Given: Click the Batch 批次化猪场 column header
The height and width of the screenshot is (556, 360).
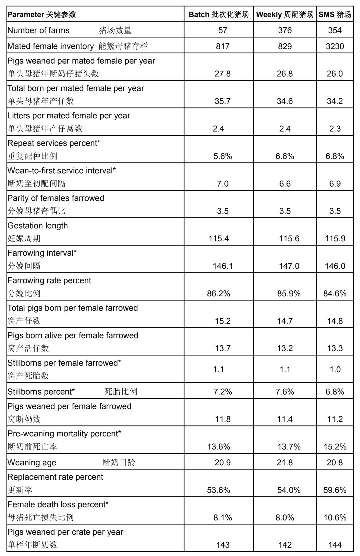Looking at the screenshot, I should [x=219, y=14].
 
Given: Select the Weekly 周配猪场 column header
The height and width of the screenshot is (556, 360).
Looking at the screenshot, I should [x=285, y=14].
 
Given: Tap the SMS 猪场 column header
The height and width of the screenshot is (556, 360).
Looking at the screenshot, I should [x=335, y=14].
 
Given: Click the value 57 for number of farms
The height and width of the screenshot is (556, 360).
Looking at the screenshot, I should [x=223, y=30].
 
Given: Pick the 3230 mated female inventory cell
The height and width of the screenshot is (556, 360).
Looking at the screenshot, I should [x=335, y=46].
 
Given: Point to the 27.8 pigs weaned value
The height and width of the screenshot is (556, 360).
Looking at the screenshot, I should [x=223, y=74].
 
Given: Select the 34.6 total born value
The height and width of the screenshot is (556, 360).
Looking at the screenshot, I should [x=285, y=101].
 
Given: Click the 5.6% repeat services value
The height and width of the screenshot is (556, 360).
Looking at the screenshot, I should [x=223, y=156].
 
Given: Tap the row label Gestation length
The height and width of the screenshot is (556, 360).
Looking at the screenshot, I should [x=38, y=226].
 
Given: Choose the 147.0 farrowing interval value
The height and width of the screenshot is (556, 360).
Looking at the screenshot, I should [x=289, y=266].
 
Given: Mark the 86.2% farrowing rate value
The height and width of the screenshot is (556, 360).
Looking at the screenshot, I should [x=219, y=293].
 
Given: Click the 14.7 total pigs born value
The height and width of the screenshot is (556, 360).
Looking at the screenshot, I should [x=285, y=321].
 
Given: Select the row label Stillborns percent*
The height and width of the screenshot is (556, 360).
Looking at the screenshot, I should [x=41, y=392].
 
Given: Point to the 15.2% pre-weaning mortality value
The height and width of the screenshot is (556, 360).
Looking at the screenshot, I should [x=335, y=447].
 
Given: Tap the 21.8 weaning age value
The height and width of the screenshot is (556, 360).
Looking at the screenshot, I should [x=285, y=462].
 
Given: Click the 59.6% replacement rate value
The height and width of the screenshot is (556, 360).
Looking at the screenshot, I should [x=335, y=490].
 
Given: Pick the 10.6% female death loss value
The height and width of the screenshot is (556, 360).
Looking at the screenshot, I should [x=335, y=517].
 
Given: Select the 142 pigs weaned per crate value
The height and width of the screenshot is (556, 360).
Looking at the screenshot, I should [x=285, y=545].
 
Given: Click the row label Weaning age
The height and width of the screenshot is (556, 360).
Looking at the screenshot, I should [x=32, y=463].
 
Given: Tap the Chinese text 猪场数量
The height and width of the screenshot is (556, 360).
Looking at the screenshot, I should [x=115, y=30].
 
